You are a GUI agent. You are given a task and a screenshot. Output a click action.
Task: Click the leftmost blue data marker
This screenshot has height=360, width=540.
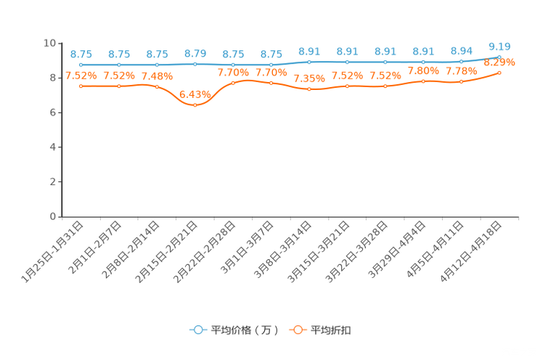click(x=81, y=65)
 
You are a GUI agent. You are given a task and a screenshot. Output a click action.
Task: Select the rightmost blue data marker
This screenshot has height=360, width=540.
click(x=499, y=56)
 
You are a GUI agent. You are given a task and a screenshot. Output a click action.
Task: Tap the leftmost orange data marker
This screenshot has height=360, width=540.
click(x=81, y=86)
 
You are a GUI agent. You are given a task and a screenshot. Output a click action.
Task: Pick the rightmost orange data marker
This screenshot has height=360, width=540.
click(x=499, y=72)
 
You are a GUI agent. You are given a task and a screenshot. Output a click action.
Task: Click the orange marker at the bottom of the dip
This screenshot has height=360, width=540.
click(x=195, y=105)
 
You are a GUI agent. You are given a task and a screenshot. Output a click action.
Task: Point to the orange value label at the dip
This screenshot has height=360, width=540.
click(x=194, y=94)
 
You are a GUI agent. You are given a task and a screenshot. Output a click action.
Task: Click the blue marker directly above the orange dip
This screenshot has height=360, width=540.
click(x=195, y=64)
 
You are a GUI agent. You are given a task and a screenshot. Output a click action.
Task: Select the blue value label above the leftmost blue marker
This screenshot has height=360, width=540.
click(x=81, y=54)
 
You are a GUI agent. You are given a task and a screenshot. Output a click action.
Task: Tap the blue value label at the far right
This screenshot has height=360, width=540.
click(x=499, y=45)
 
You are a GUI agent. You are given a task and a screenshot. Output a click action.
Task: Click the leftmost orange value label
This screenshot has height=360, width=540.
click(x=81, y=75)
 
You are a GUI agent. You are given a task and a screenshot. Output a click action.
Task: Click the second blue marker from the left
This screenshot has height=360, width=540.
click(x=119, y=65)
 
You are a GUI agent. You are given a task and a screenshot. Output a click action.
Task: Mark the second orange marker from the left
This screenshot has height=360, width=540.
click(x=119, y=86)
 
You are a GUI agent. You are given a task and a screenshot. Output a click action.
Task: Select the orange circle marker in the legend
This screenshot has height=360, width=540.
click(x=296, y=330)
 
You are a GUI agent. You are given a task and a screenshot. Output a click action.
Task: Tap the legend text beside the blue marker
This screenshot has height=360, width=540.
click(x=245, y=330)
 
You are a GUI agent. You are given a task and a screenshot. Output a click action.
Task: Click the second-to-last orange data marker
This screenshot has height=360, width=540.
click(x=461, y=81)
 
